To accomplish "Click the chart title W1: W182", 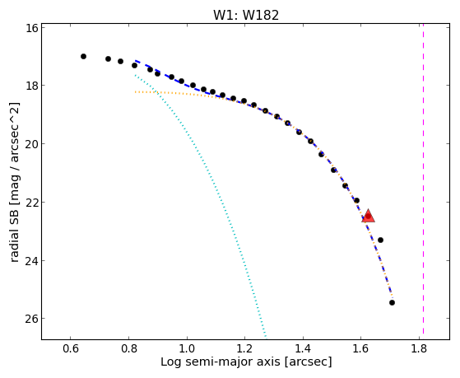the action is (246, 15).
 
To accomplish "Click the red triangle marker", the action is (368, 216).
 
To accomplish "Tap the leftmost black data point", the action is (83, 56).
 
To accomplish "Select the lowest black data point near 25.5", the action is (392, 302).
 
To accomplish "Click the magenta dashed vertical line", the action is (423, 181).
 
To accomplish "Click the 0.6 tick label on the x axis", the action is (71, 348).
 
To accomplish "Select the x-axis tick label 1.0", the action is (187, 348).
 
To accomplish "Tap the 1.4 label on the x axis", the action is (303, 348).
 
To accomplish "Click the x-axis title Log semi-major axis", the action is (221, 362).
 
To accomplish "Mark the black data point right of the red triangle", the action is (380, 240).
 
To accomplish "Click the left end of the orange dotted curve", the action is (135, 92).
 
